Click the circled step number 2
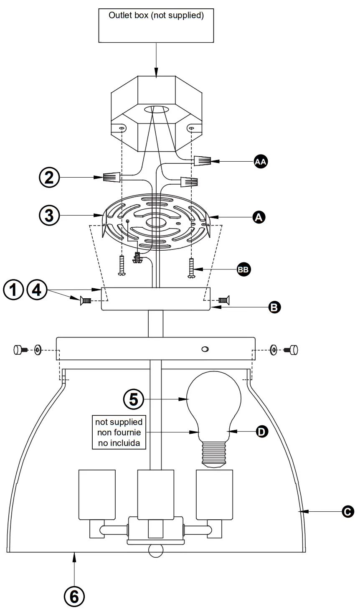point(49,178)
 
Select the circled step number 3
point(49,216)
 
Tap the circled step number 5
point(134,399)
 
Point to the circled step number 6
point(74,597)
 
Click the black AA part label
point(261,161)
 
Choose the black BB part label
point(243,269)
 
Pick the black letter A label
point(259,217)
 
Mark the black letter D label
point(261,431)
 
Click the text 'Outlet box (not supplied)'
point(156,16)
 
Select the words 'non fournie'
point(119,432)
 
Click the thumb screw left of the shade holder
point(20,349)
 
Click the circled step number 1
point(13,289)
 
